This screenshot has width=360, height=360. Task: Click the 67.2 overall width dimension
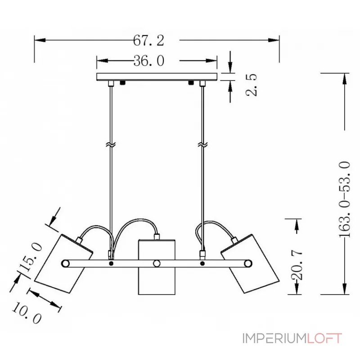click(149, 40)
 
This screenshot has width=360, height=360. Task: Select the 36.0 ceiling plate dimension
click(149, 61)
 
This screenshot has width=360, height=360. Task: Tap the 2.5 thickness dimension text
click(251, 85)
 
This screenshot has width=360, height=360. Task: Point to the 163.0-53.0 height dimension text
click(345, 199)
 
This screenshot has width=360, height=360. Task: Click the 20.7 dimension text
click(297, 265)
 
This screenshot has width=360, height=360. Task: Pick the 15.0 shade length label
click(31, 257)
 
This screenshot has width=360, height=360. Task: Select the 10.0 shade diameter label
click(27, 313)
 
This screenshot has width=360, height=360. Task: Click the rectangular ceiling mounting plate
click(157, 76)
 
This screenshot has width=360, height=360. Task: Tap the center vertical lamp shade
click(157, 267)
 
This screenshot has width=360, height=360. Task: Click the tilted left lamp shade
click(64, 264)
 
